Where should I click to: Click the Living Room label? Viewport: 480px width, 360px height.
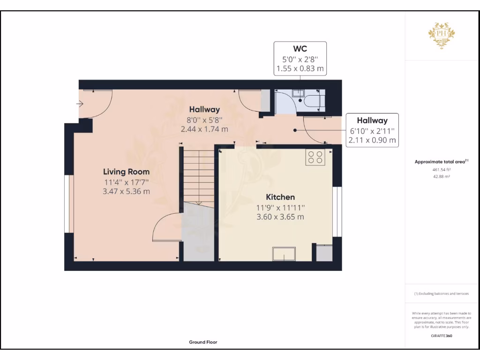[126, 172]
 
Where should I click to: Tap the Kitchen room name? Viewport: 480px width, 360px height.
[280, 197]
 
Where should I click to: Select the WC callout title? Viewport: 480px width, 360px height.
[300, 49]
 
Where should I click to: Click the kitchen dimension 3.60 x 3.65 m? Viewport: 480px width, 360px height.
[280, 217]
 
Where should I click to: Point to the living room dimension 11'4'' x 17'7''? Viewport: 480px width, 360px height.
[126, 182]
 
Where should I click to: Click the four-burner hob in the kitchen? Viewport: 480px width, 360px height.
[315, 157]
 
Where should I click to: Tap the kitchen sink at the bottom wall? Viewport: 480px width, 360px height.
[284, 254]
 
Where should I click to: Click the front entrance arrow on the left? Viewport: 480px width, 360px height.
[80, 104]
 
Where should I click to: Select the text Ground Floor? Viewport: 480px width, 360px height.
[203, 342]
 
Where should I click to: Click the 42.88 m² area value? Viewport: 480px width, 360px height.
[441, 177]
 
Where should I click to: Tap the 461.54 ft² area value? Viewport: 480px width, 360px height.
[441, 170]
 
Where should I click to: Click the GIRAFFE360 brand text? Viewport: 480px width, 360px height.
[441, 336]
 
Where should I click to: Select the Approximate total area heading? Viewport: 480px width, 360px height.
[441, 162]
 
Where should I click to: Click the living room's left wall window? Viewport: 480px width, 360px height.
[68, 204]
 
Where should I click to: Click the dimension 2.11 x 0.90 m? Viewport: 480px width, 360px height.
[372, 140]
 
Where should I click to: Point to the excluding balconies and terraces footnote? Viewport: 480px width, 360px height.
[441, 293]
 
